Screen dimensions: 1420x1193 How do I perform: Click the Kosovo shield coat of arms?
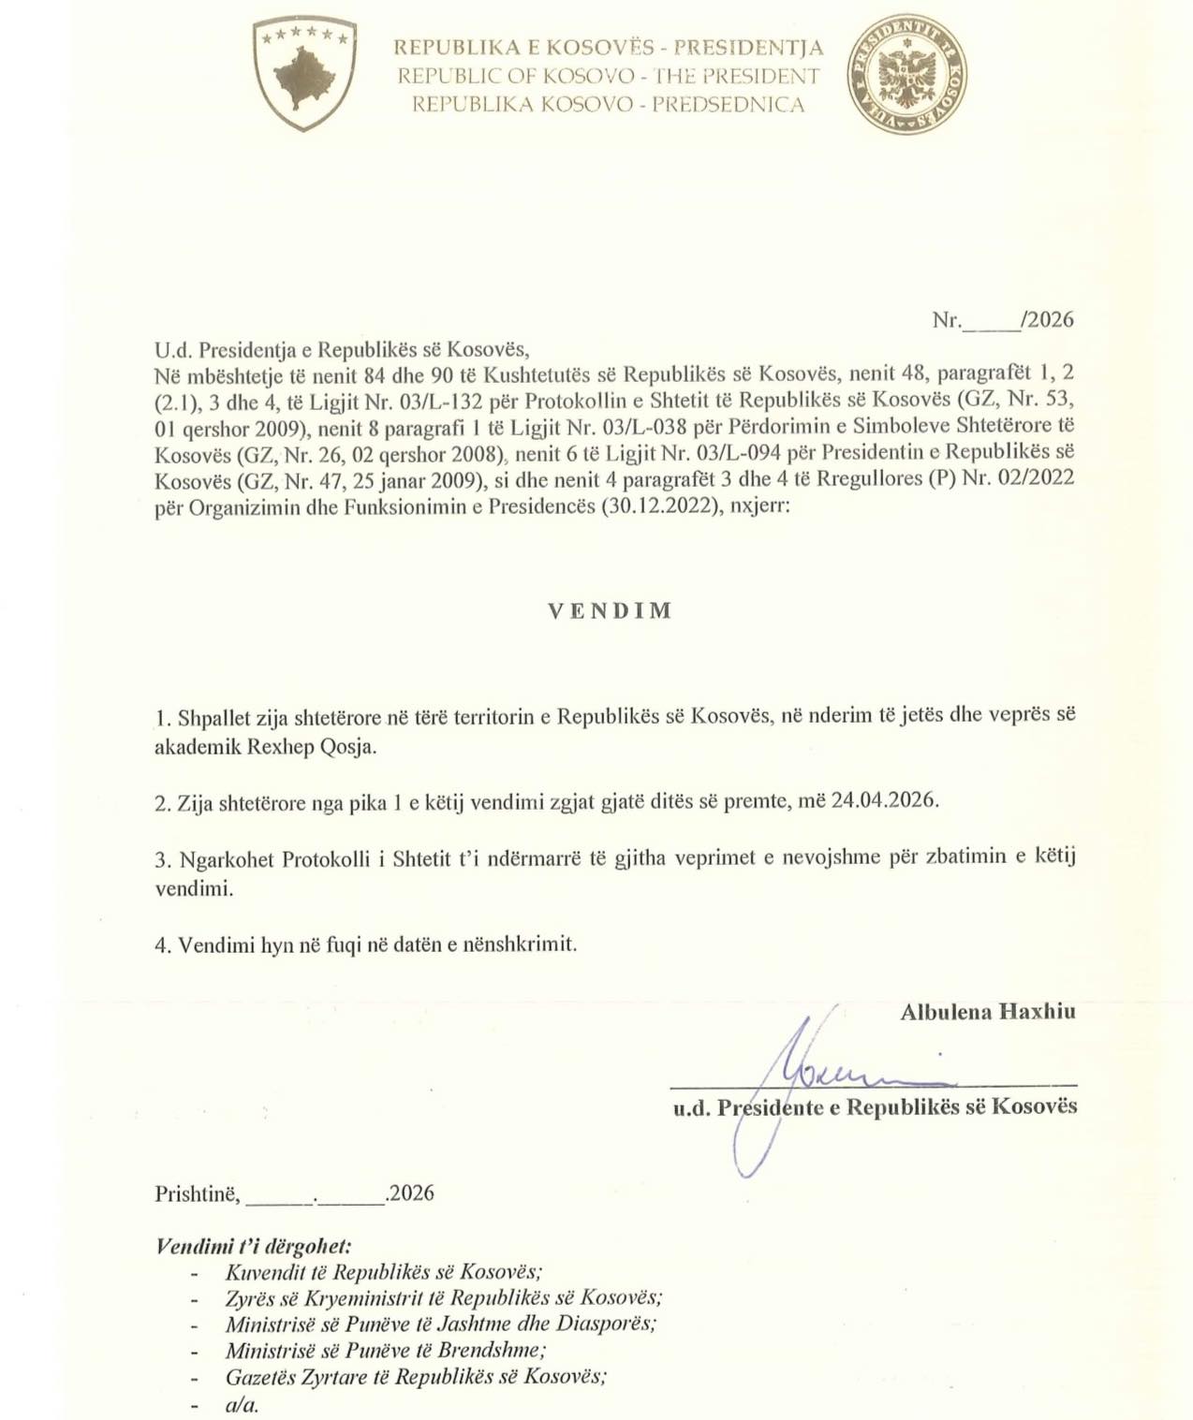pyautogui.click(x=303, y=73)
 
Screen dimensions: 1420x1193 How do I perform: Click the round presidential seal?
pyautogui.click(x=906, y=74)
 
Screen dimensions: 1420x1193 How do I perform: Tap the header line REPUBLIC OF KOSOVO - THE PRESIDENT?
pyautogui.click(x=608, y=76)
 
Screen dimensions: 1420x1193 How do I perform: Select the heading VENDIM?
pyautogui.click(x=610, y=611)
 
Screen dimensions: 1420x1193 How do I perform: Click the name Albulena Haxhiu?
pyautogui.click(x=987, y=1011)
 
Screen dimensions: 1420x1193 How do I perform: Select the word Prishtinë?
pyautogui.click(x=197, y=1193)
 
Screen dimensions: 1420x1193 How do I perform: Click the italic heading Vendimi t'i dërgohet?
pyautogui.click(x=253, y=1247)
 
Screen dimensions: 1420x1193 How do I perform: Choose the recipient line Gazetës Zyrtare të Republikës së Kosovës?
pyautogui.click(x=415, y=1376)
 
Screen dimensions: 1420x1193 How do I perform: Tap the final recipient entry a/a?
pyautogui.click(x=242, y=1404)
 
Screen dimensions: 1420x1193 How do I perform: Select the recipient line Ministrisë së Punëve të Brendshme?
pyautogui.click(x=385, y=1350)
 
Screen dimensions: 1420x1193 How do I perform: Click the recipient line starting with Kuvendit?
pyautogui.click(x=383, y=1272)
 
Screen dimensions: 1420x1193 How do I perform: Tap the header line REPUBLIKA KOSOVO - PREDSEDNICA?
pyautogui.click(x=608, y=104)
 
